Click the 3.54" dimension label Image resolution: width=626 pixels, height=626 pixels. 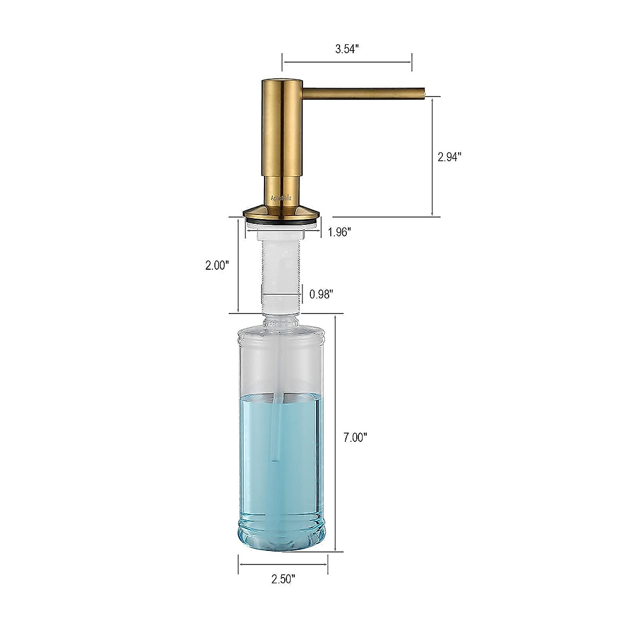pos(347,50)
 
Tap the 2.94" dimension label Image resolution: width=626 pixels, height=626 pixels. pos(449,156)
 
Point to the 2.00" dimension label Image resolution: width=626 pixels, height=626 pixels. pos(217,265)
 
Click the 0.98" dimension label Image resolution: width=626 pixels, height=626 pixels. pos(321,294)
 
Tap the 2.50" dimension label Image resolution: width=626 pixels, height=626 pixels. pos(283,593)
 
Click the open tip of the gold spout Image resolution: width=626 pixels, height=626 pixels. pos(425,93)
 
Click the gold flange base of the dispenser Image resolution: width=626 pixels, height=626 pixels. pos(282,212)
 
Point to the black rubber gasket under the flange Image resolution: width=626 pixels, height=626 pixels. pos(282,223)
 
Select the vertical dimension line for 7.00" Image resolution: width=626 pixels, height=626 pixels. pos(335,433)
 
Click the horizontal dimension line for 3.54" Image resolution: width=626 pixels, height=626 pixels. pos(347,62)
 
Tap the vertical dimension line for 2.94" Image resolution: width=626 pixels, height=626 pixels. pos(432,156)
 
